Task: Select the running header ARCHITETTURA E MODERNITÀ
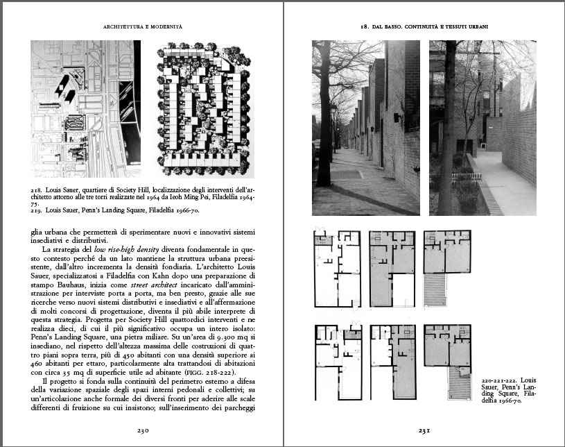click(142, 26)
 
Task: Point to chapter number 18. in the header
click(364, 26)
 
